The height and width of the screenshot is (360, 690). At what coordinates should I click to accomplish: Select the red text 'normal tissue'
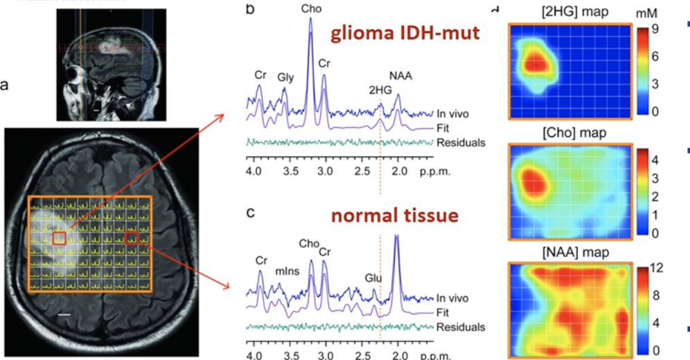395,215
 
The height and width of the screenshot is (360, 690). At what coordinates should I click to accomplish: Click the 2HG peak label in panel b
380,89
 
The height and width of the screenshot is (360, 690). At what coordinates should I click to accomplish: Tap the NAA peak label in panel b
400,77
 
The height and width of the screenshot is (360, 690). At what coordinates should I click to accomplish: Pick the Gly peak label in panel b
286,78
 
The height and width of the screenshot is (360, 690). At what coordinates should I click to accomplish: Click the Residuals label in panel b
461,143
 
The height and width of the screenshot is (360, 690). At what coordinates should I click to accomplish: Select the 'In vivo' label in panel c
453,298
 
